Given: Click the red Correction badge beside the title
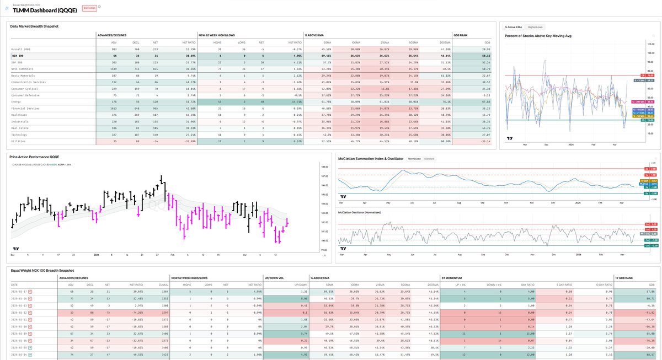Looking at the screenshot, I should pyautogui.click(x=89, y=8).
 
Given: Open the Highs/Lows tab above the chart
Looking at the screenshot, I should pyautogui.click(x=535, y=26).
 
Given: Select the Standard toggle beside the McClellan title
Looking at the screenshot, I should pyautogui.click(x=429, y=159).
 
